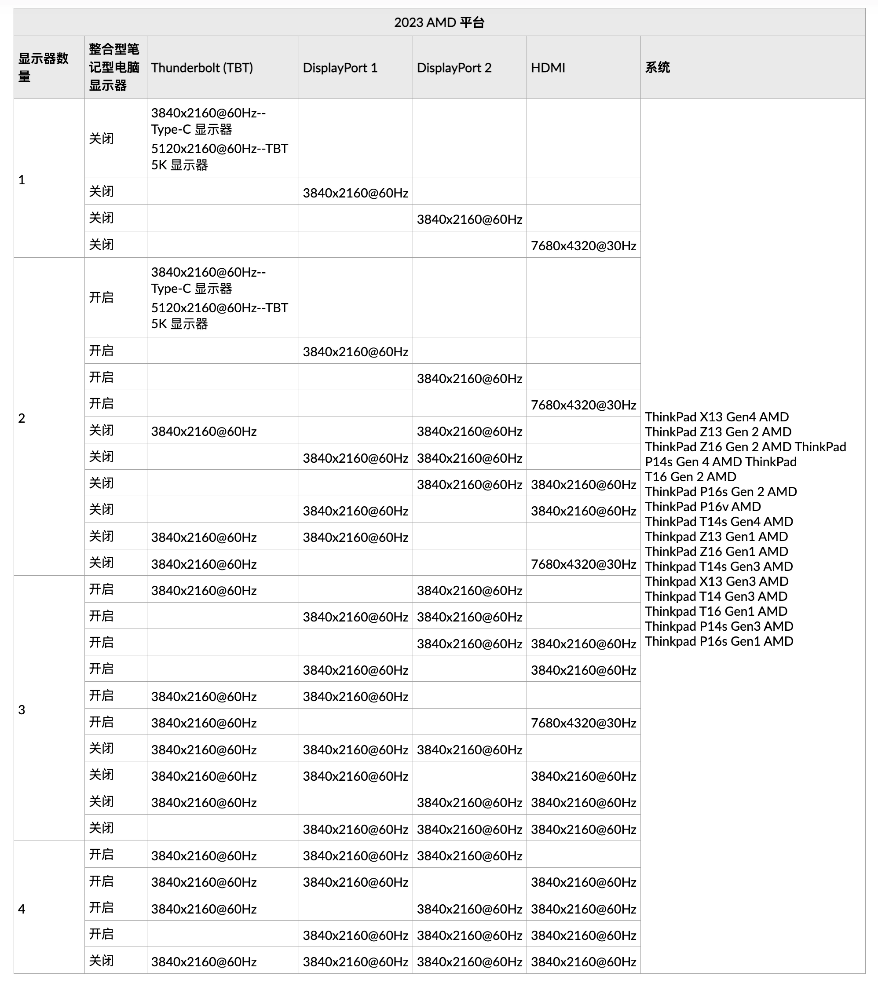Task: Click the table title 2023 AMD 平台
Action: (x=439, y=22)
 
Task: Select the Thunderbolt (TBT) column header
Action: (x=202, y=68)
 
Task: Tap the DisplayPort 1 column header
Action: (x=340, y=68)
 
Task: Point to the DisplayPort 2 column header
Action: (x=454, y=68)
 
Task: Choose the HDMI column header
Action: (x=548, y=68)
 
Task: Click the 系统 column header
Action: (x=657, y=68)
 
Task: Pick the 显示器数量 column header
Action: (x=43, y=67)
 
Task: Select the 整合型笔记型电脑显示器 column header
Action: (x=114, y=67)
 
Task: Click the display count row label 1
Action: (x=22, y=180)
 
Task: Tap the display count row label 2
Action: (x=22, y=418)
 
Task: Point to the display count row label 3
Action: (x=22, y=709)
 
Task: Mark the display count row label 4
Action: (x=22, y=909)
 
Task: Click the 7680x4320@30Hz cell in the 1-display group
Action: (x=583, y=246)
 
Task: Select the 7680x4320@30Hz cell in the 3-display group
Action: (x=583, y=723)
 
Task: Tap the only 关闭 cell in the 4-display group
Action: (x=102, y=961)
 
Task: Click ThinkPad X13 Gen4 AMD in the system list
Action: (x=717, y=417)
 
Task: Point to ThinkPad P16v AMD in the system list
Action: (x=702, y=507)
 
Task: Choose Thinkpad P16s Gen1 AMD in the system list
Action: (x=719, y=641)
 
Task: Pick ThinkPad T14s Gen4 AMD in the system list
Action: (x=719, y=522)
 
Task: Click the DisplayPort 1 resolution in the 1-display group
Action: (x=355, y=193)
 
